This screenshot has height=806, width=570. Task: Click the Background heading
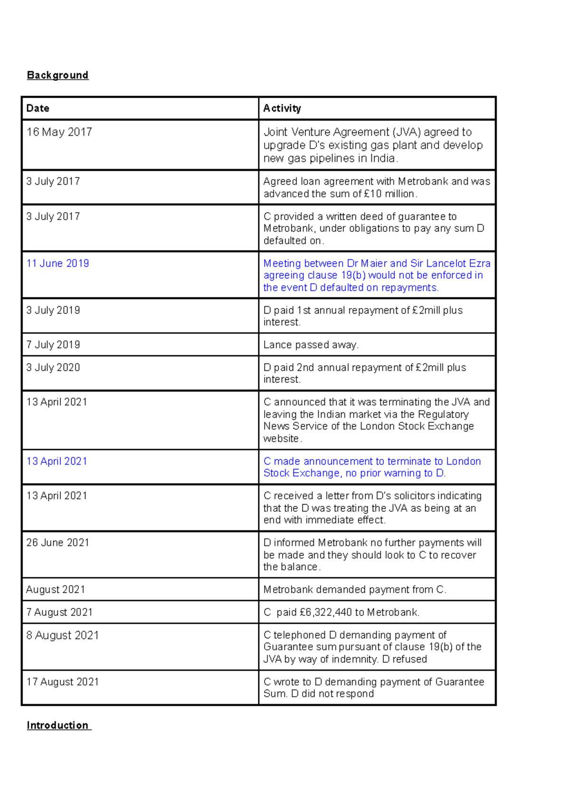[57, 75]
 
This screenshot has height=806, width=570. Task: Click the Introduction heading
[57, 725]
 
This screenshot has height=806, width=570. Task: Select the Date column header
[38, 108]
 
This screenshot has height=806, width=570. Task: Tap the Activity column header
[282, 108]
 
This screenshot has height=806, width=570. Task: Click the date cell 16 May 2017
[59, 132]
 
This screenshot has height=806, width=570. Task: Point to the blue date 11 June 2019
[57, 263]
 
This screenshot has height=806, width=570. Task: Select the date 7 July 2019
[53, 345]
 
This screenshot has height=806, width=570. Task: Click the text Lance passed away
[311, 345]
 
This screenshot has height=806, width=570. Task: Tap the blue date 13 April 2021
[57, 461]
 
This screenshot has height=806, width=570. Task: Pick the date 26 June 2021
[57, 543]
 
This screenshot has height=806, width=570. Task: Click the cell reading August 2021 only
[56, 590]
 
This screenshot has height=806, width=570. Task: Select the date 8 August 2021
[62, 635]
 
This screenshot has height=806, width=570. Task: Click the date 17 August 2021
[62, 682]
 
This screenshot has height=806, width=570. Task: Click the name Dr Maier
[367, 263]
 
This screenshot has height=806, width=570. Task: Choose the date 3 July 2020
[53, 367]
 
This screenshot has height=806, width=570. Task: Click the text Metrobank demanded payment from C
[355, 590]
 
